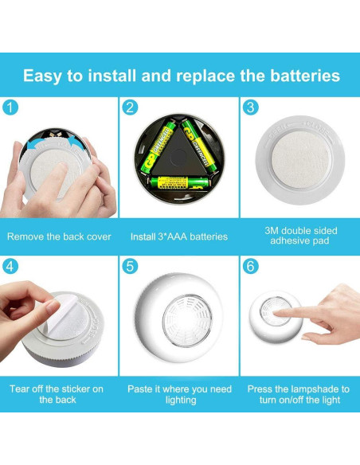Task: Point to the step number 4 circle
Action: [10, 266]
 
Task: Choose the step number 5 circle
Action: [131, 266]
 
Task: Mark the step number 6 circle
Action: [251, 266]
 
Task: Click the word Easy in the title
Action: [44, 76]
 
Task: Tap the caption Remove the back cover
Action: [59, 236]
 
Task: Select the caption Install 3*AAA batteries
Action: [179, 236]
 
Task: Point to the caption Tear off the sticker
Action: [57, 394]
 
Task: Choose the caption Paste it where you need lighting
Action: [179, 394]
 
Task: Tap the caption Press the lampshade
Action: [299, 394]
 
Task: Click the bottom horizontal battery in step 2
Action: [178, 182]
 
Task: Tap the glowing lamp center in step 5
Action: [187, 320]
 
